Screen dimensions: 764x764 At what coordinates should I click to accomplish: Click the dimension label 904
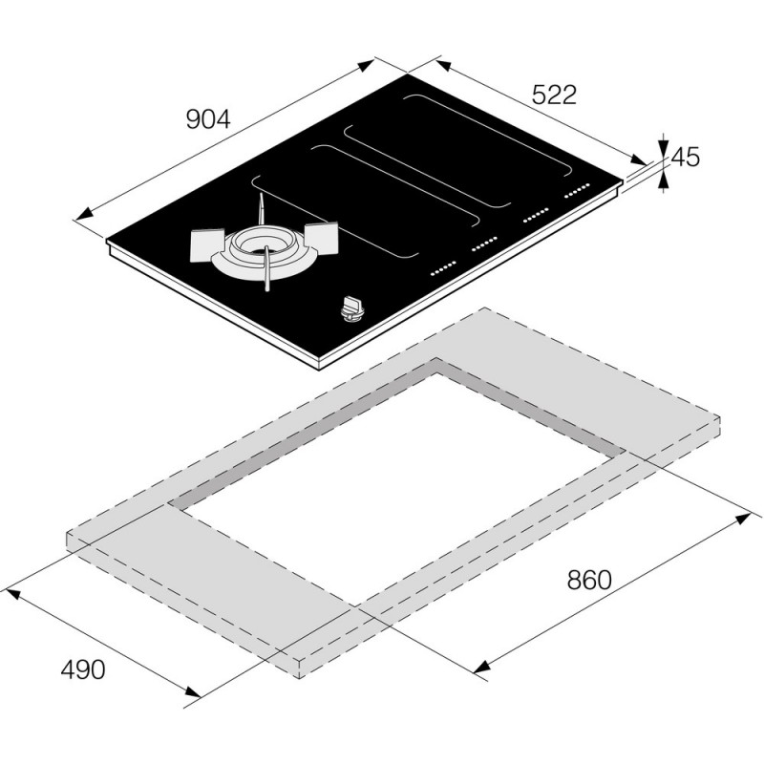208,119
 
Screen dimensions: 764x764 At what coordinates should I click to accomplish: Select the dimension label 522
554,95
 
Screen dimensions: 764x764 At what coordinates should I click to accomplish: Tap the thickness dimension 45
686,157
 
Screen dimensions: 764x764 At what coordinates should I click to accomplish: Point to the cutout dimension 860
589,581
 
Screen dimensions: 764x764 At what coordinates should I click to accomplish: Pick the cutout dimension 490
83,669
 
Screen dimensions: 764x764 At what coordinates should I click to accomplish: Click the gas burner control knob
351,309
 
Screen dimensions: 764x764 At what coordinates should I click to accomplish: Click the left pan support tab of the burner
207,245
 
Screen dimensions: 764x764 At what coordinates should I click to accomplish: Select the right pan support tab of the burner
322,237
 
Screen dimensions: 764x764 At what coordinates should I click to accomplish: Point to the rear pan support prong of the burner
261,208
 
